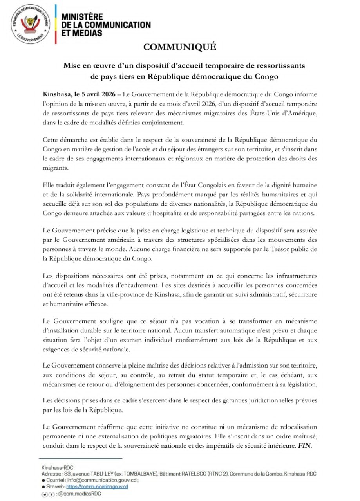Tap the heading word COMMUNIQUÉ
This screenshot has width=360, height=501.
click(x=180, y=47)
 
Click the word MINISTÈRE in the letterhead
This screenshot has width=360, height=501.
click(x=82, y=17)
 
